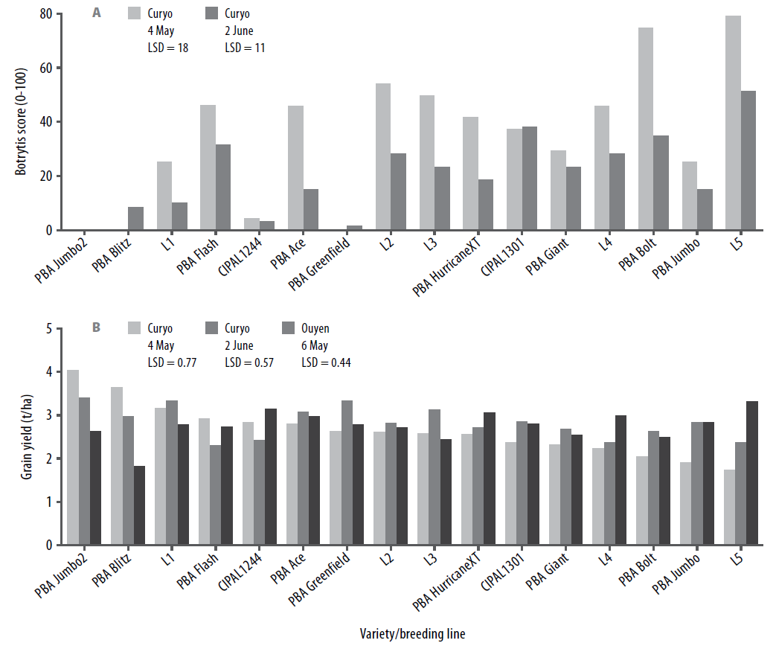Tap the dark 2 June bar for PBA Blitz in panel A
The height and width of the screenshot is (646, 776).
point(135,219)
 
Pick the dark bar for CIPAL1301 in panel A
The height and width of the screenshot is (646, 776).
point(530,179)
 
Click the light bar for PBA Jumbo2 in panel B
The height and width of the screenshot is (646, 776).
point(73,457)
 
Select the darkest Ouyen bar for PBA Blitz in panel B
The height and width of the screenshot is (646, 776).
point(139,505)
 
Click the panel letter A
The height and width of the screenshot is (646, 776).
point(97,13)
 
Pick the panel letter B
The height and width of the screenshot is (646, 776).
point(96,327)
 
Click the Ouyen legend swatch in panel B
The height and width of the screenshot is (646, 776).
point(288,327)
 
